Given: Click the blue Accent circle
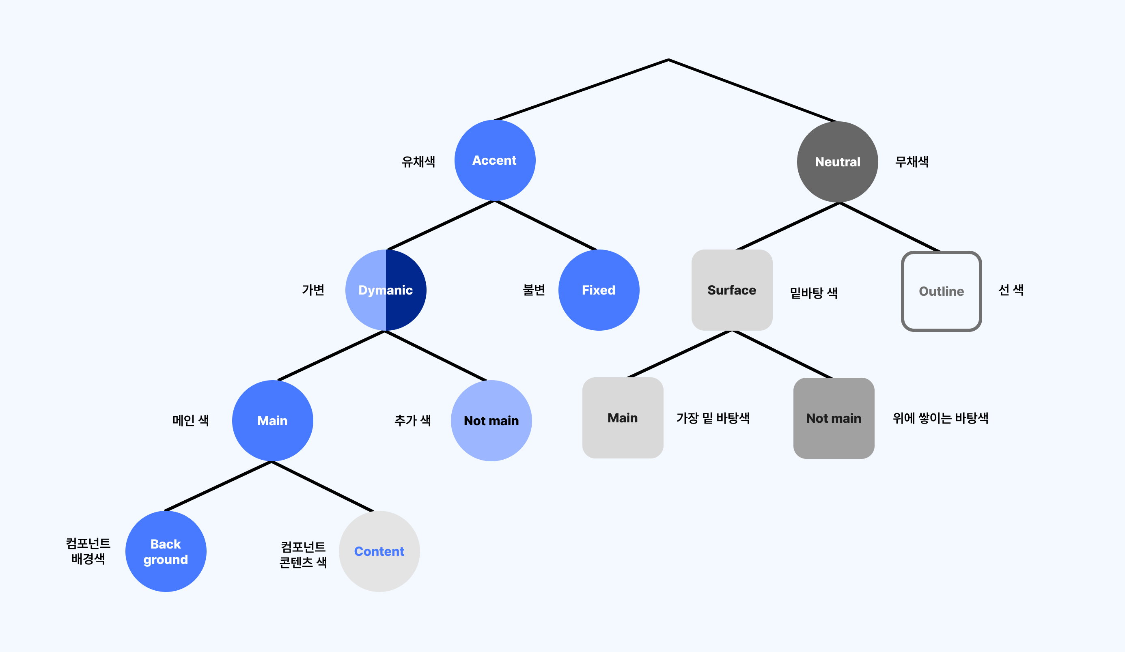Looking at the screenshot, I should (495, 160).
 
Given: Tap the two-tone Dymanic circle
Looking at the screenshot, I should (386, 290).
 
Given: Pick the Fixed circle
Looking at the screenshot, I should (599, 290).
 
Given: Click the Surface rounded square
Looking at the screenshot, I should (732, 290).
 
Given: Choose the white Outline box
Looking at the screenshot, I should (941, 291).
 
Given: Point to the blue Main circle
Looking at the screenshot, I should (272, 420).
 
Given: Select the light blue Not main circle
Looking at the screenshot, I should (491, 420).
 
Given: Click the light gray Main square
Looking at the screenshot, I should (622, 418).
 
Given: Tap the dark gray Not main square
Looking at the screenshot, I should (834, 418).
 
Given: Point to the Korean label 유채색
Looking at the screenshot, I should (418, 161).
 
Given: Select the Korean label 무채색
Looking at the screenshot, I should (912, 161).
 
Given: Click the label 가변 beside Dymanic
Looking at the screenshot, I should (313, 290).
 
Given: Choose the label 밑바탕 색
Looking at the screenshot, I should (813, 293).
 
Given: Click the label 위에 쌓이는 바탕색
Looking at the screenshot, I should (940, 418).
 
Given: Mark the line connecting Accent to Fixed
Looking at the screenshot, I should (545, 225).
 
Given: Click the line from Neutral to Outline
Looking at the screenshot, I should (889, 227).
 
